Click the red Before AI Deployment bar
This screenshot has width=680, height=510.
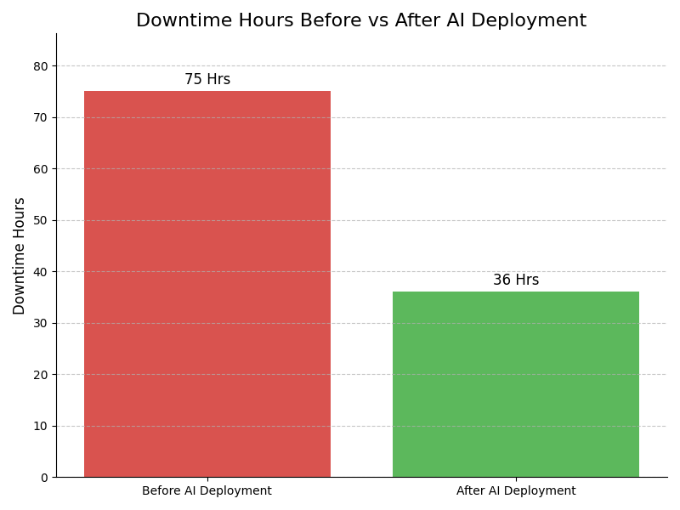click(x=207, y=284)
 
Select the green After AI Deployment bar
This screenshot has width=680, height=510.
click(x=515, y=384)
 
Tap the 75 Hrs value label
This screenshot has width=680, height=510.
click(x=207, y=80)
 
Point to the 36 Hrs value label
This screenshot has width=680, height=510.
click(x=516, y=280)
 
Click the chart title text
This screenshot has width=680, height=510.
click(x=361, y=21)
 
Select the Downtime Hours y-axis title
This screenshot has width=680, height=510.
click(x=20, y=256)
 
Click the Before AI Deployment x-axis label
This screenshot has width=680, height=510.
click(x=207, y=491)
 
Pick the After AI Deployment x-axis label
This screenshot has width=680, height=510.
click(x=516, y=491)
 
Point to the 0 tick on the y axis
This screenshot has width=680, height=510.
click(x=44, y=478)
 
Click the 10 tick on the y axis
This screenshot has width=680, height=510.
click(x=41, y=426)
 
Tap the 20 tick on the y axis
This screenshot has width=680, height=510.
click(x=41, y=375)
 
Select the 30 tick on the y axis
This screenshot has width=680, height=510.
click(x=41, y=323)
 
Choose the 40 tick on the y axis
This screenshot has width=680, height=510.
click(x=41, y=272)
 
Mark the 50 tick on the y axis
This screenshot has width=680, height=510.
click(x=41, y=220)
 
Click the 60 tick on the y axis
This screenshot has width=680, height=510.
click(x=41, y=169)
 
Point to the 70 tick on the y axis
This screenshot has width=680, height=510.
click(x=41, y=117)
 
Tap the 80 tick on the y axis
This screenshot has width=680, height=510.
click(x=41, y=66)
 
